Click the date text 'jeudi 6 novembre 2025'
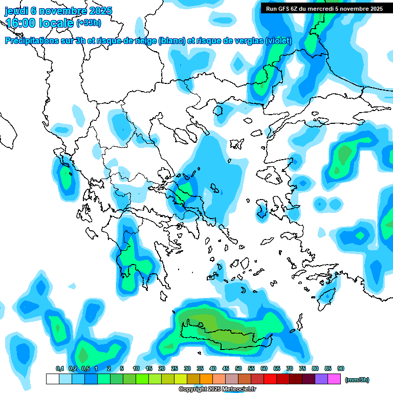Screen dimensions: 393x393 pos(58,11)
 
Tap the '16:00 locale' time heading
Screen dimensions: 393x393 pos(39,23)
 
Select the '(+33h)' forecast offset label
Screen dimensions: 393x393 pos(89,23)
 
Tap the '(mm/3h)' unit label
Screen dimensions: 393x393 pos(357,380)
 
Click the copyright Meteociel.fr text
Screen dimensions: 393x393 pos(217,389)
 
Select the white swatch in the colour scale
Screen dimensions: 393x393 pos(52,379)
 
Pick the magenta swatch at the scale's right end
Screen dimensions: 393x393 pos(334,379)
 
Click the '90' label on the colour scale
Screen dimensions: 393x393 pos(341,368)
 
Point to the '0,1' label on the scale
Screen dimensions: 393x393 pos(59,368)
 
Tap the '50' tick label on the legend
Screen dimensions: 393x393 pos(238,368)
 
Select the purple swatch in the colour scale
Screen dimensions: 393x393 pos(321,379)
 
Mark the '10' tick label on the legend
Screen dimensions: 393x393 pos(136,368)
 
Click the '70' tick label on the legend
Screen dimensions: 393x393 pos(290,368)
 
